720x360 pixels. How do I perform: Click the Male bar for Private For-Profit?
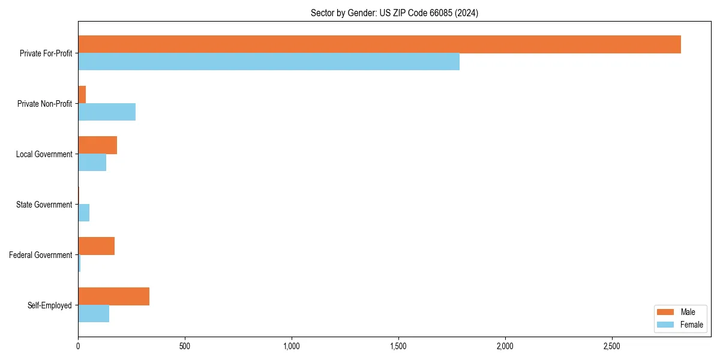pos(379,44)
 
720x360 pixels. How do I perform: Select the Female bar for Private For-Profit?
pos(269,62)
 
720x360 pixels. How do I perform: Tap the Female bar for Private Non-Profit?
pos(107,112)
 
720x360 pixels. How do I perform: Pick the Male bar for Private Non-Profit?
pos(82,95)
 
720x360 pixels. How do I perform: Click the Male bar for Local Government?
pos(97,145)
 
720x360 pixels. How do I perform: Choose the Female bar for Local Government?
pos(92,163)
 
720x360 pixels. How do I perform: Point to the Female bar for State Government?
pos(83,213)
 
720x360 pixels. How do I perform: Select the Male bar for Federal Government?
pos(96,246)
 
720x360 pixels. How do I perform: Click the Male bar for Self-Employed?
pos(113,296)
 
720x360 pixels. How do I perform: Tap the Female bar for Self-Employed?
pos(94,314)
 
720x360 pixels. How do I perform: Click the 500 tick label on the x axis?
pos(185,347)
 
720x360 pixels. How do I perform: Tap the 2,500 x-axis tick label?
pos(612,347)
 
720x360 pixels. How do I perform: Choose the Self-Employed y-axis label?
pos(50,305)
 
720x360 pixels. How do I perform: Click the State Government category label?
pos(44,205)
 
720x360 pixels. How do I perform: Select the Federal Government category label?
pos(41,255)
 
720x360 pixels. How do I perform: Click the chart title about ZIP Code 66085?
pos(394,13)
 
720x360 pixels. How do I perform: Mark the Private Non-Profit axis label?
pos(44,104)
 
